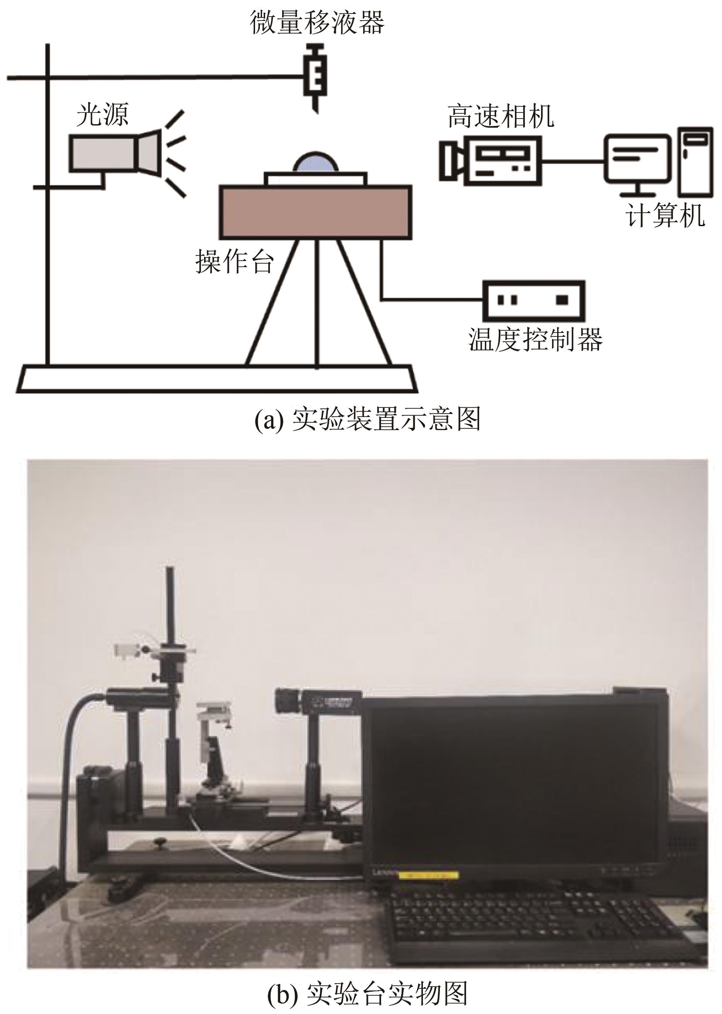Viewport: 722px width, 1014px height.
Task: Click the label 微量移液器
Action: pyautogui.click(x=317, y=22)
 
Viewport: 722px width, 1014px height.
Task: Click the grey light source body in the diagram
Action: pyautogui.click(x=103, y=153)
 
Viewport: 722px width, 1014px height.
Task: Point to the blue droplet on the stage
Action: pyautogui.click(x=316, y=162)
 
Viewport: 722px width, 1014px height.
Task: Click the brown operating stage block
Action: pyautogui.click(x=315, y=212)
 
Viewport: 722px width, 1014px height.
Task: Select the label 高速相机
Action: pyautogui.click(x=501, y=116)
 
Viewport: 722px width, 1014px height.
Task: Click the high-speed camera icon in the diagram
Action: pyautogui.click(x=491, y=160)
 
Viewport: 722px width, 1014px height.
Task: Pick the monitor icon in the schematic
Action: pyautogui.click(x=636, y=162)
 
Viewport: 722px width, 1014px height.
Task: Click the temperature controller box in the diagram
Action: pyautogui.click(x=534, y=300)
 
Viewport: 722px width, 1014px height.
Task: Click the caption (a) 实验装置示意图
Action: pyautogui.click(x=367, y=419)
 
